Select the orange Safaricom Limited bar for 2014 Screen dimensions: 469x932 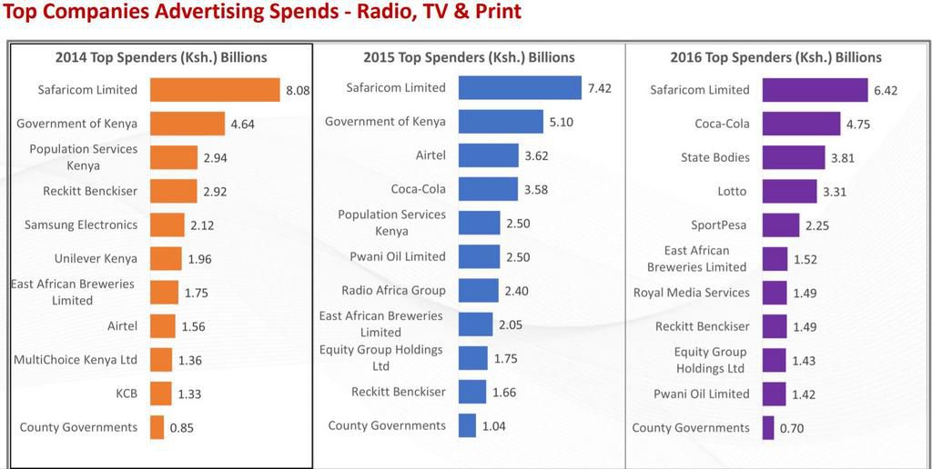coord(215,90)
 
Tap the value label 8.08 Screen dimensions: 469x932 coord(299,91)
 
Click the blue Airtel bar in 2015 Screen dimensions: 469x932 coord(488,155)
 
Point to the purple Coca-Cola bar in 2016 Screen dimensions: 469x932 coord(801,124)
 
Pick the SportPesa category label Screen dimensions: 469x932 coord(720,225)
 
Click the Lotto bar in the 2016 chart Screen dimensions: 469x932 coord(789,192)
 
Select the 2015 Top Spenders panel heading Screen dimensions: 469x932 coord(469,57)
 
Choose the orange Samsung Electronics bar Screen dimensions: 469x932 coord(167,225)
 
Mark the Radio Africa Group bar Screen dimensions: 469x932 coord(479,291)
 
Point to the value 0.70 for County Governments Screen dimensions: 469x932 coord(793,428)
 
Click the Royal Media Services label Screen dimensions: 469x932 coord(692,293)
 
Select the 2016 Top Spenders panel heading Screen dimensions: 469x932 coord(775,57)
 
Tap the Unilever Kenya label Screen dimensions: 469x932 coord(96,259)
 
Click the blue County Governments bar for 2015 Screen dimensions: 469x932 coord(467,425)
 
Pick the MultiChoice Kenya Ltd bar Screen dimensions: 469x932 coord(161,360)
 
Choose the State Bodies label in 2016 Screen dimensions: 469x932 coord(715,157)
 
